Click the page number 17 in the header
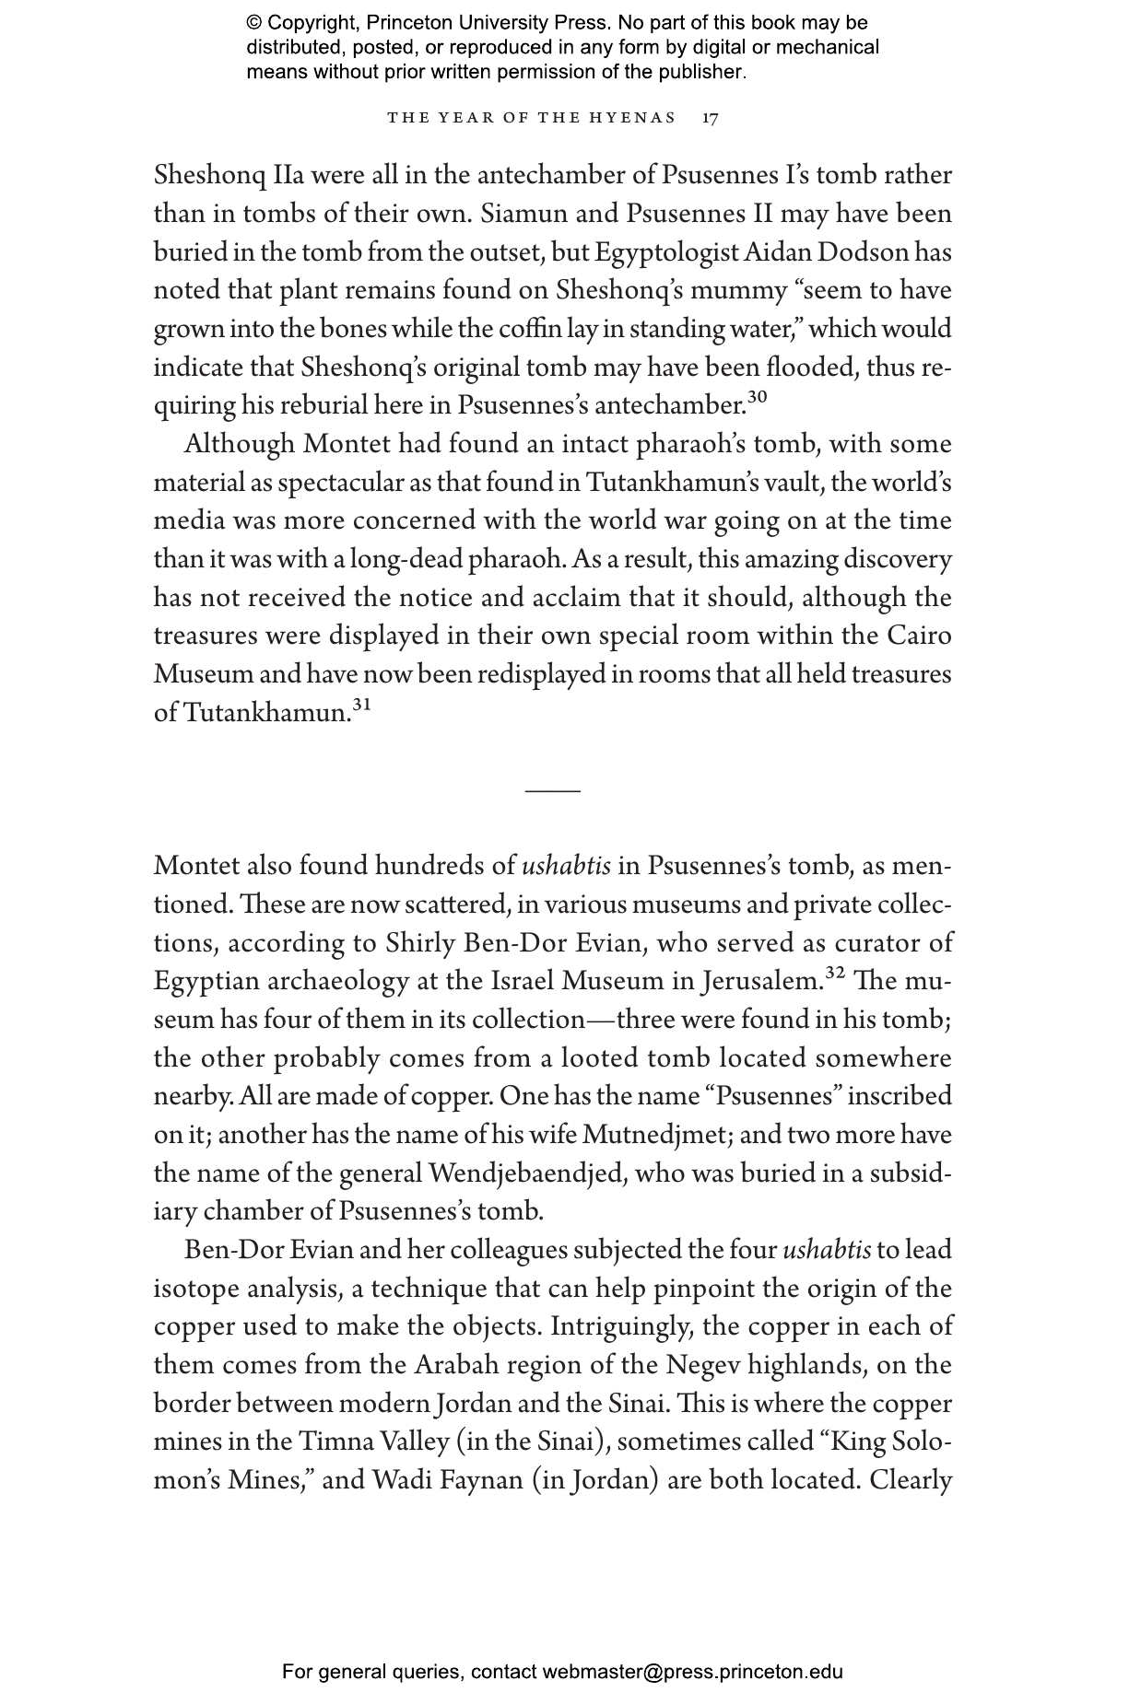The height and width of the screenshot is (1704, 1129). point(710,118)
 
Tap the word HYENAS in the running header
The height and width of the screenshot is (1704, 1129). point(636,118)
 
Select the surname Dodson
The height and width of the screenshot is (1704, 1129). point(902,252)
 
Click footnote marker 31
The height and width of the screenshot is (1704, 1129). point(361,706)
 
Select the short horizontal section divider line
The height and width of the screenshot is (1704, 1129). point(553,790)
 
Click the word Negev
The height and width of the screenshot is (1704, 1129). point(701,1365)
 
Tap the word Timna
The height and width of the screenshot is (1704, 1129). point(330,1442)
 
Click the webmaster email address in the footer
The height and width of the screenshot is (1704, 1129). point(692,1672)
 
